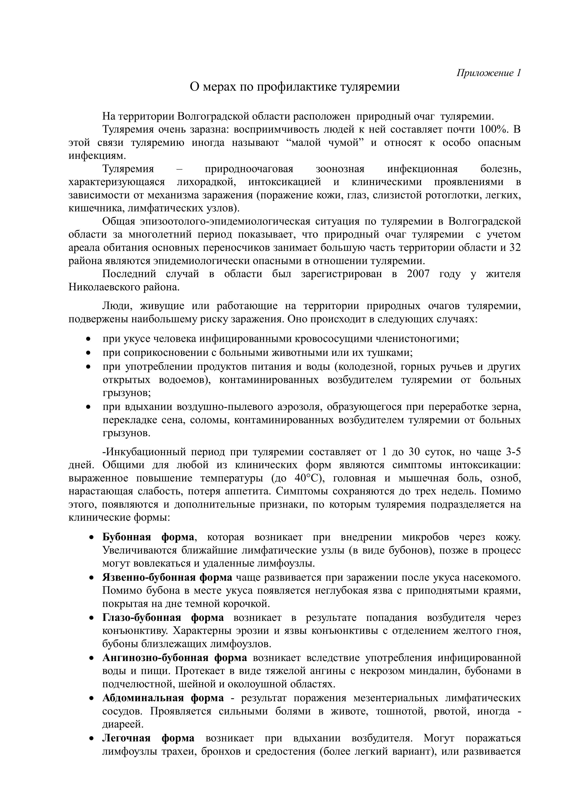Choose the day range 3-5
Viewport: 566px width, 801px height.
coord(513,452)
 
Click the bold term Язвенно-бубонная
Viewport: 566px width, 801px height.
coord(149,577)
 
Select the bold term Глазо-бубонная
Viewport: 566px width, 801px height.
coord(142,618)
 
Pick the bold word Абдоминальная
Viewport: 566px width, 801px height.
coord(143,698)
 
